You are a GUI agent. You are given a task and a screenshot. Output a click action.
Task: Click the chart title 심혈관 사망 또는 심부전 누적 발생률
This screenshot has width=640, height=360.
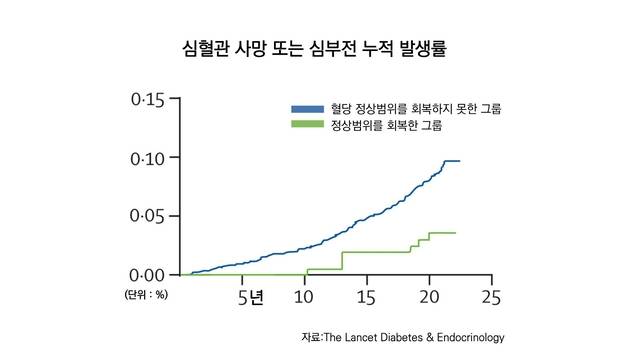point(320,47)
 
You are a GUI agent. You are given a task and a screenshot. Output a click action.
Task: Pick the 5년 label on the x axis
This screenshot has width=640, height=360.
point(251,297)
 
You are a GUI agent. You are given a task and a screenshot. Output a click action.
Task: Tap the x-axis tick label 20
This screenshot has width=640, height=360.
point(428,297)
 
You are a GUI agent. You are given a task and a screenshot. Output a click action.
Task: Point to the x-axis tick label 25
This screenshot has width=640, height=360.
point(490,297)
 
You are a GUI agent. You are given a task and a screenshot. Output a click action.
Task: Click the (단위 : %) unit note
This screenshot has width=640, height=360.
point(145,295)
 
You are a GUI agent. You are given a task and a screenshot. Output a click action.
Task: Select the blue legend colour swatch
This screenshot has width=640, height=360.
point(307,108)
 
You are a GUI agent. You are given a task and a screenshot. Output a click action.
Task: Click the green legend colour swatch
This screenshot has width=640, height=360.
point(307,125)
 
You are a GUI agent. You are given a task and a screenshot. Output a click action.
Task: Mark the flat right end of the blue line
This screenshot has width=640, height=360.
point(453,161)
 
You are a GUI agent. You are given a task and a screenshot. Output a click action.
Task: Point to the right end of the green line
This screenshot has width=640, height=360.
point(455,233)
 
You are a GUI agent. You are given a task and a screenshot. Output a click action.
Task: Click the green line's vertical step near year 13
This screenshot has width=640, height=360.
point(342,260)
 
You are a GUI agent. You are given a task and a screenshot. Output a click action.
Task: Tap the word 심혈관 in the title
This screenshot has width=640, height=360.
point(203,47)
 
